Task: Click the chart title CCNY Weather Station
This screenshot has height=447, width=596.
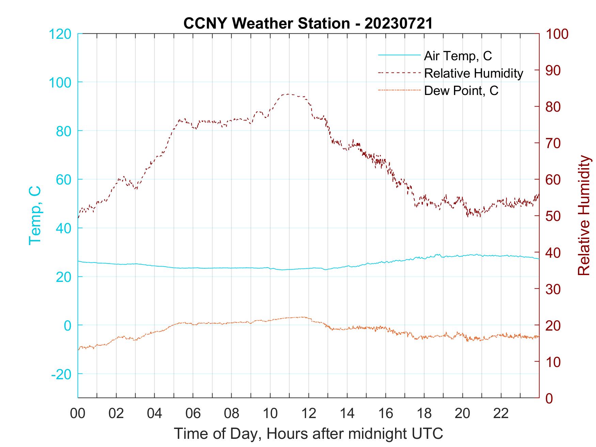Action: pos(266,23)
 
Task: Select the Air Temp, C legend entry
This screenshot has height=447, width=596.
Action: pos(458,56)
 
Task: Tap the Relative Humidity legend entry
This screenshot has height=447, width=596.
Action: pos(473,73)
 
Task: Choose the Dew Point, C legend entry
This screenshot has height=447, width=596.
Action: pos(461,91)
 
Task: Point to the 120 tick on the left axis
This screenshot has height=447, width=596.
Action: pos(60,34)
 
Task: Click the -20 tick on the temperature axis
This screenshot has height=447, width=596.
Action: pos(61,374)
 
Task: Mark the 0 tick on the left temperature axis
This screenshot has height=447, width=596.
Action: pos(67,325)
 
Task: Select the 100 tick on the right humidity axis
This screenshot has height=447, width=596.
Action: pos(557,34)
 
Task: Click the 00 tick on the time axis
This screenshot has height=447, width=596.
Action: pos(78,414)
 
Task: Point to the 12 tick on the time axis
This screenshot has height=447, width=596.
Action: pos(309,414)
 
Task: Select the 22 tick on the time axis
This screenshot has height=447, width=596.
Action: pos(501,414)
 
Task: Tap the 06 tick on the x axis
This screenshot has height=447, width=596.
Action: pos(193,414)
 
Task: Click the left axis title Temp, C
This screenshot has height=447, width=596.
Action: pos(35,215)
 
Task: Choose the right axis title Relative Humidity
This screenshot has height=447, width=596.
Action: pos(584,215)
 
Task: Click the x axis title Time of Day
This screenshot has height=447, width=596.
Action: pos(309,433)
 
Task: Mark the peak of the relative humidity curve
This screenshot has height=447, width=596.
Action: pos(288,94)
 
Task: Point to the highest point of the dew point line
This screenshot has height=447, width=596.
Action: pos(301,317)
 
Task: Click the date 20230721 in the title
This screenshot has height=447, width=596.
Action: pos(398,23)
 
